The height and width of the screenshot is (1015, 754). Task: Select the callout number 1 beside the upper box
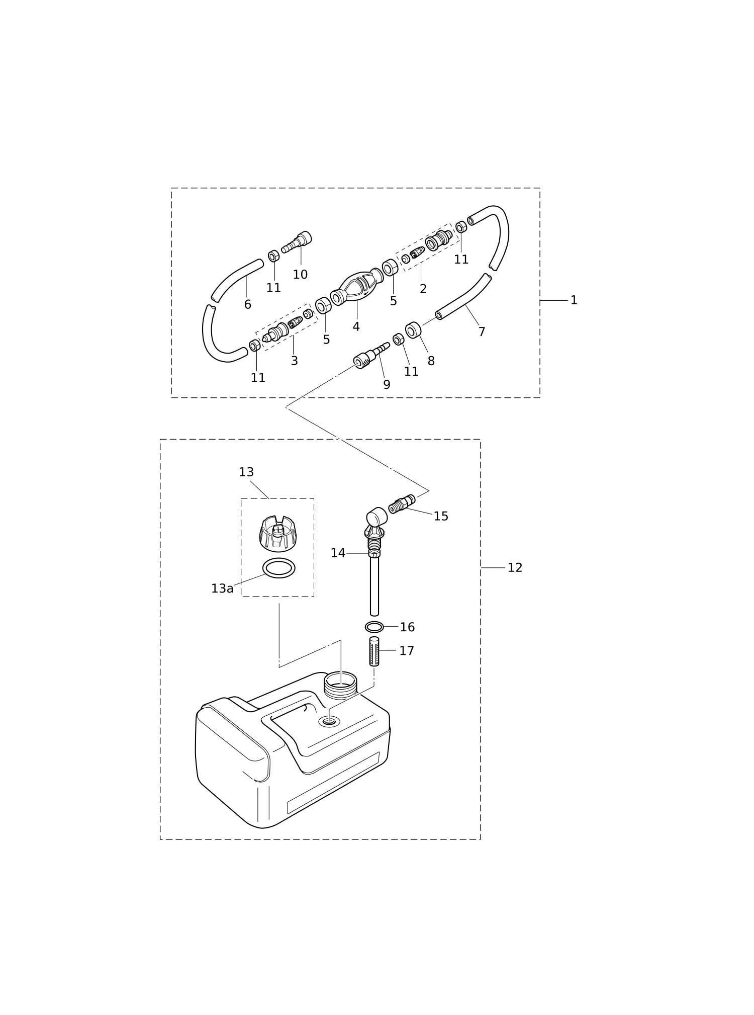[x=574, y=300]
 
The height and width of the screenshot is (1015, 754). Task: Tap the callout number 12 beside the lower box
[x=515, y=568]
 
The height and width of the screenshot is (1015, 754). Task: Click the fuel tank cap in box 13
[x=277, y=534]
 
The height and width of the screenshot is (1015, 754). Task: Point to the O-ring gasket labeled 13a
[x=279, y=568]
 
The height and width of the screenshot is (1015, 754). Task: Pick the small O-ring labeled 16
[x=374, y=627]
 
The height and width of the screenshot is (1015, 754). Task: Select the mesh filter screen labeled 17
[x=374, y=651]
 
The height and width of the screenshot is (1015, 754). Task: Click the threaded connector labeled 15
[x=402, y=504]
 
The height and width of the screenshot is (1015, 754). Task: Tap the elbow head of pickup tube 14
[x=376, y=520]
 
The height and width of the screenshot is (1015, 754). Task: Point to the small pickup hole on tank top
[x=329, y=722]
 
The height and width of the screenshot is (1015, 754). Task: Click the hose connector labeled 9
[x=371, y=356]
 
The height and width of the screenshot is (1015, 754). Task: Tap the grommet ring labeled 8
[x=413, y=330]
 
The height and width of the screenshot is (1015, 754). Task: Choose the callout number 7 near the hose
[x=482, y=332]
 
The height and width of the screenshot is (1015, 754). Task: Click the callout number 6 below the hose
[x=247, y=304]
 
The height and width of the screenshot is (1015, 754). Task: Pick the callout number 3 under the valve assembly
[x=294, y=361]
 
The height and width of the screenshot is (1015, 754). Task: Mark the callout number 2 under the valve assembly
[x=423, y=289]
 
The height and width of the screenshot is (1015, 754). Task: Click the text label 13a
[x=222, y=588]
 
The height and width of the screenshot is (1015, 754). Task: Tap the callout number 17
[x=407, y=651]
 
